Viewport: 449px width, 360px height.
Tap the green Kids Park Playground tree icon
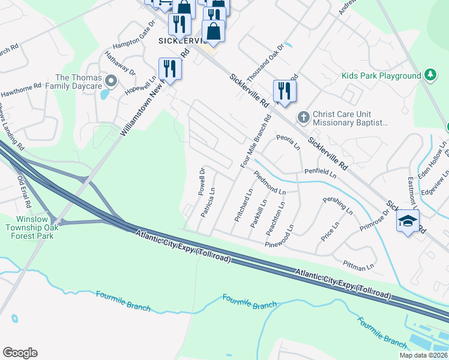click(x=430, y=76)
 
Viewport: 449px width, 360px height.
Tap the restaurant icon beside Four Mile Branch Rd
click(x=285, y=91)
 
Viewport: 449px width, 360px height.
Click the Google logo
click(x=20, y=353)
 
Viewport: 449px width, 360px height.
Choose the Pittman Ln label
click(x=358, y=263)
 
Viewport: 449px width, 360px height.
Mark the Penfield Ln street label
click(x=319, y=173)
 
